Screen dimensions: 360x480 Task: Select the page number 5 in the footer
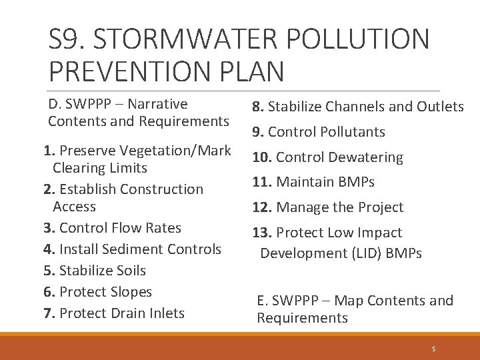pos(433,349)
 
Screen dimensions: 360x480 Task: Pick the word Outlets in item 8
pos(440,107)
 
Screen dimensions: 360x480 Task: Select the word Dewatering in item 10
pos(369,157)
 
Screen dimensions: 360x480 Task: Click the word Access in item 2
pos(74,207)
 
